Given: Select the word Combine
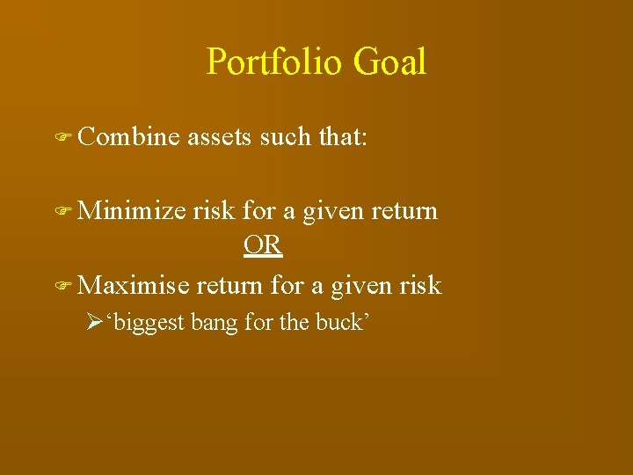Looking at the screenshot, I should (128, 137).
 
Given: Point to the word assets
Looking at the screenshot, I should (219, 137).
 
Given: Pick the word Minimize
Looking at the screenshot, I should (132, 211).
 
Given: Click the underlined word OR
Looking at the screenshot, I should (263, 246).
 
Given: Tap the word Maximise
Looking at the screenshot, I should (133, 285).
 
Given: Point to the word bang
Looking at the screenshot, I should (215, 324).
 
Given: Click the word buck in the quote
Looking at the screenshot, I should (338, 323).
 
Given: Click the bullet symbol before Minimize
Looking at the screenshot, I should (62, 212).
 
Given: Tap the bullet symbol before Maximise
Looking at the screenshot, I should (62, 286).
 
